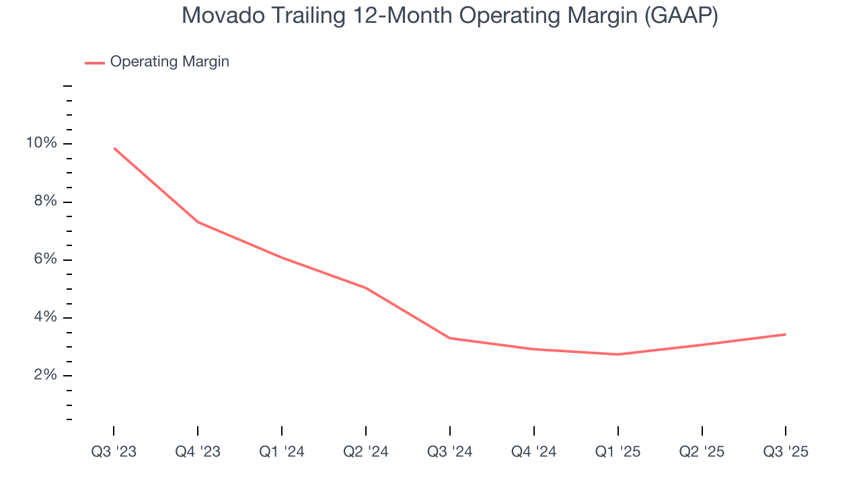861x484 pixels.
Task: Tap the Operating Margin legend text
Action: coord(170,62)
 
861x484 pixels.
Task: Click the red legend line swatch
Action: coord(94,63)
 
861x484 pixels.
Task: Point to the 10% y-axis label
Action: coord(42,143)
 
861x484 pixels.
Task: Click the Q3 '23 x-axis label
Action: coord(114,452)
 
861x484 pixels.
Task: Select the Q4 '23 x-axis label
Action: coord(198,452)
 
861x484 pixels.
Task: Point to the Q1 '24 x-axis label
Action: coord(282,452)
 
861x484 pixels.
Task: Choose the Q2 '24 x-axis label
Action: coord(366,452)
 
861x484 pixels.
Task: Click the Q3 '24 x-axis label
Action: coord(450,452)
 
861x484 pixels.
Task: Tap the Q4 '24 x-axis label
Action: coord(534,452)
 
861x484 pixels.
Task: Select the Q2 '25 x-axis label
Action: coord(702,452)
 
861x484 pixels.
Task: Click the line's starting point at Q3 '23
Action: coord(114,148)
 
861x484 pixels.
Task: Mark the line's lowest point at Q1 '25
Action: coord(618,354)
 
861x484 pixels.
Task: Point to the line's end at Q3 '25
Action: coord(785,334)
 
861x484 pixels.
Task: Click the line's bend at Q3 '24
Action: coord(450,338)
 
